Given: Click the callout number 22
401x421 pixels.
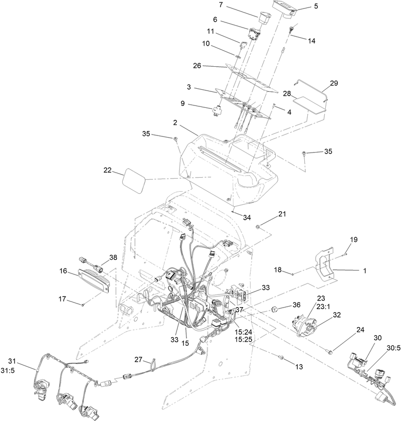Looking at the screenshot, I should pyautogui.click(x=108, y=170).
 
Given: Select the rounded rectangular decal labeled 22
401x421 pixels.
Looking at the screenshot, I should pyautogui.click(x=134, y=180).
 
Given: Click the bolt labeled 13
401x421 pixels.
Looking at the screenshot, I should pyautogui.click(x=281, y=357).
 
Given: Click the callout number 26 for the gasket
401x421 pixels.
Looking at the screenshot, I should pyautogui.click(x=197, y=66).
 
